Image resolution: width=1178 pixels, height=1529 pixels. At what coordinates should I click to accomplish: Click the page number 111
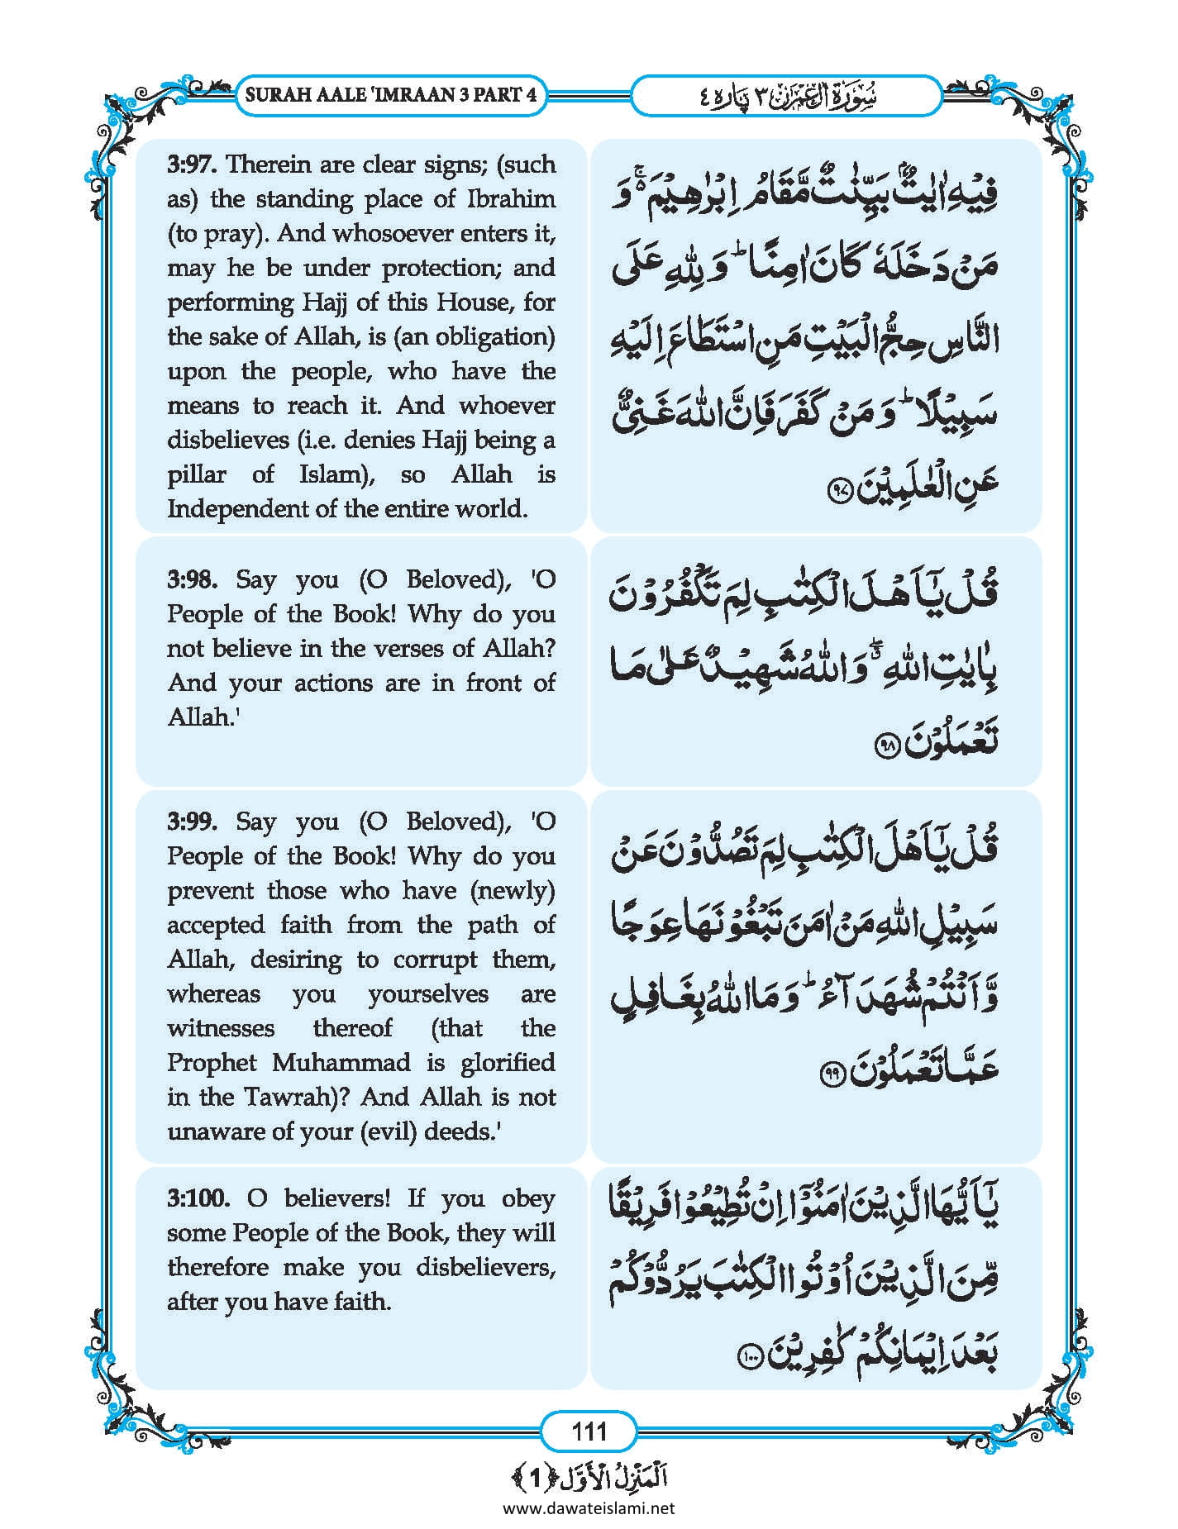point(589,1431)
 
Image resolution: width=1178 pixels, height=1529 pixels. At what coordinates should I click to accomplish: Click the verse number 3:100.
point(196,1198)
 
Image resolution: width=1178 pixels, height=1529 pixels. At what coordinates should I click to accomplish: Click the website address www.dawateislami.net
point(589,1508)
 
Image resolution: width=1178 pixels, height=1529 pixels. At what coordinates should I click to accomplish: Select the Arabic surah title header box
point(785,95)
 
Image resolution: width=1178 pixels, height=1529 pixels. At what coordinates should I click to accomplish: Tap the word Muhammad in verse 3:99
point(341,1062)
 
